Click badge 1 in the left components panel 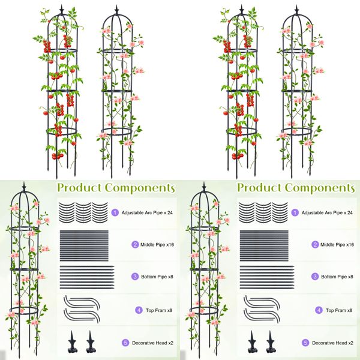[115, 212]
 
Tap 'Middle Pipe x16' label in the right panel [332, 245]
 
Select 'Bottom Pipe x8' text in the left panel [153, 277]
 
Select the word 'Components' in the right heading [319, 188]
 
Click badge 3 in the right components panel [295, 277]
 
